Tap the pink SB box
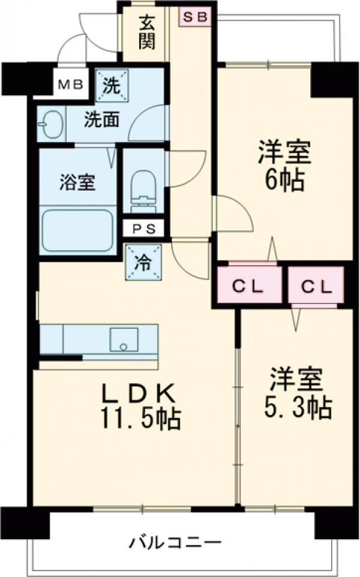[x=194, y=17]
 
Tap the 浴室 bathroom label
[x=77, y=181]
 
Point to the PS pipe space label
[x=143, y=228]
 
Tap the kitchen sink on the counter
[x=124, y=339]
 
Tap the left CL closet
[x=248, y=287]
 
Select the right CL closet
[x=316, y=287]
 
